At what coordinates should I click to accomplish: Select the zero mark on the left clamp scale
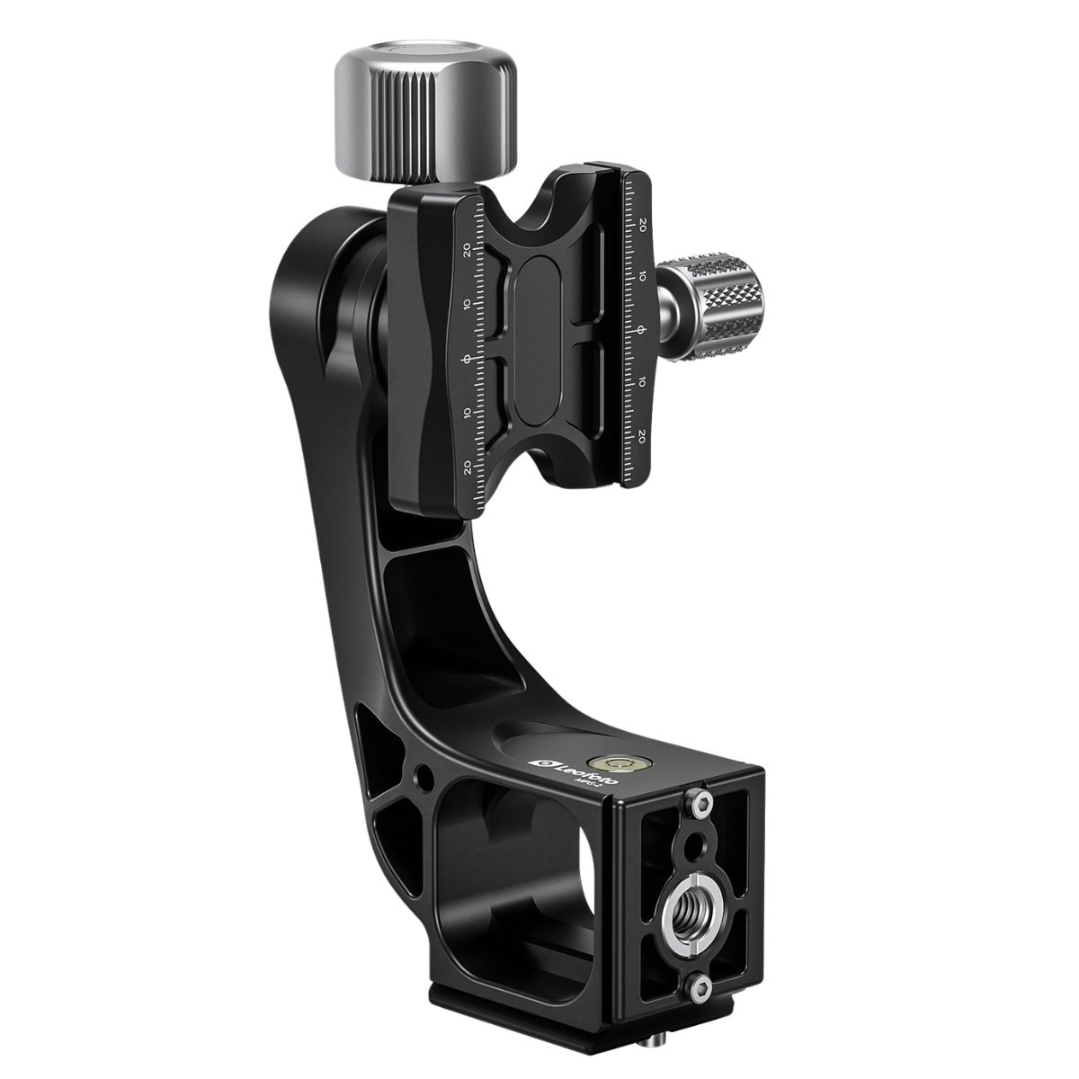pyautogui.click(x=466, y=360)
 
